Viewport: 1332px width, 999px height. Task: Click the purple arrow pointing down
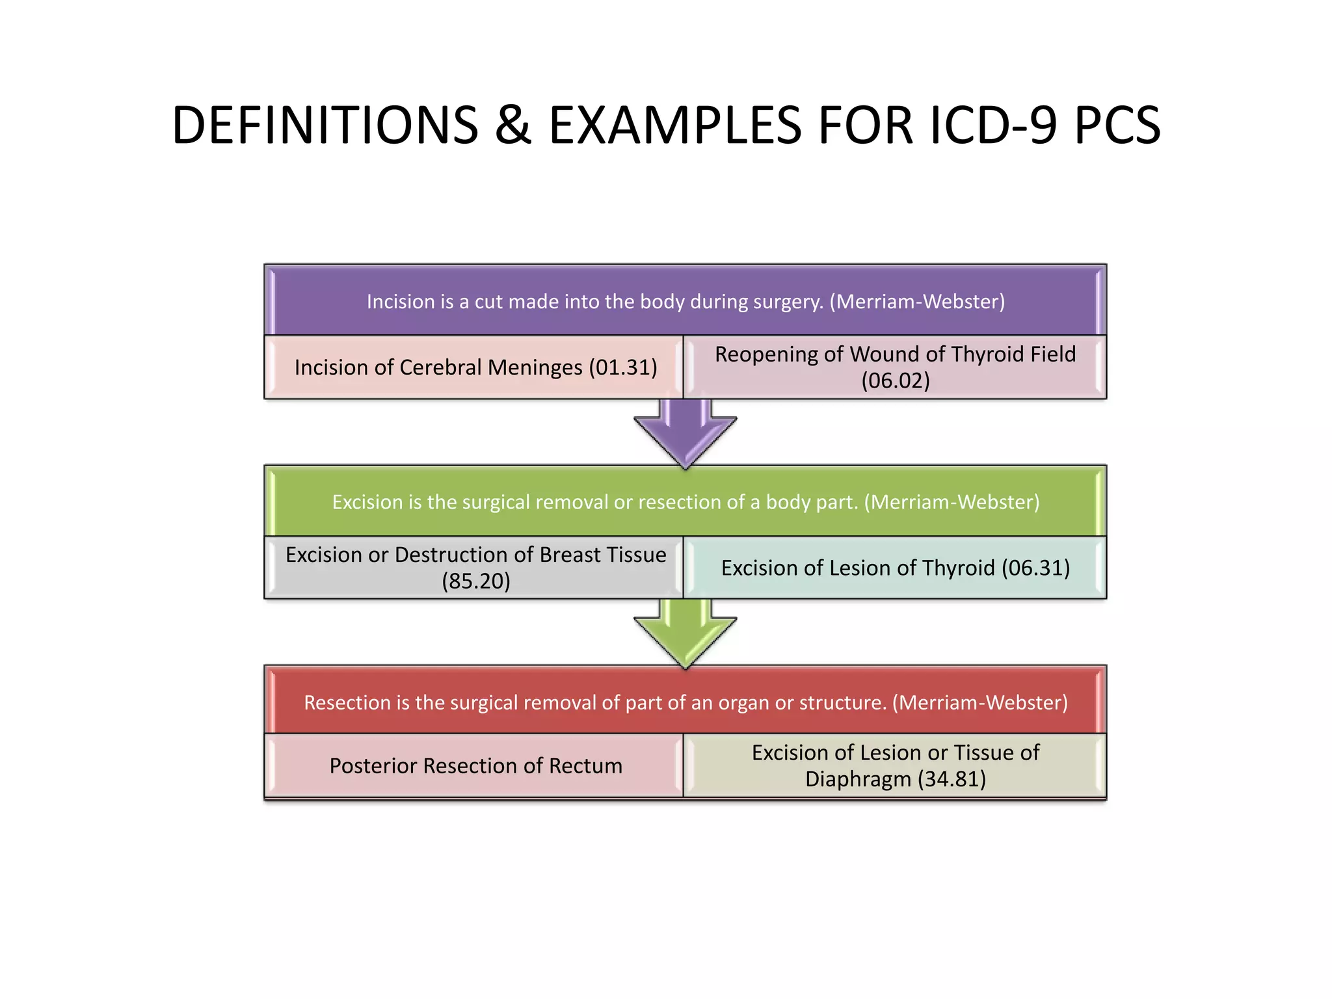pos(685,433)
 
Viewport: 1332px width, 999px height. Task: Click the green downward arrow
pos(685,633)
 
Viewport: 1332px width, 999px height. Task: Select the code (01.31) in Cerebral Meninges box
pos(623,367)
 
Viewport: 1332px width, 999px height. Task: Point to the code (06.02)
pos(895,380)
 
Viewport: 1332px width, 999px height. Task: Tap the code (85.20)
pos(475,581)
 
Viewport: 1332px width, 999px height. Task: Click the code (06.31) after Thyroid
pos(1035,568)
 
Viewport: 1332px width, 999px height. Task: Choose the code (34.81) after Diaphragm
pos(952,779)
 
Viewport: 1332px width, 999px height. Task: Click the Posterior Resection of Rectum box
pos(475,766)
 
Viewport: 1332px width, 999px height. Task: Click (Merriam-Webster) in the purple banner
pos(917,302)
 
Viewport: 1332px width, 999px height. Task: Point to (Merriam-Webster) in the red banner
pos(979,702)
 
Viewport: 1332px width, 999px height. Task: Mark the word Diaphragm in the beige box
pos(857,779)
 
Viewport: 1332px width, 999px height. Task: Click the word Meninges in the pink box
pos(535,367)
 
